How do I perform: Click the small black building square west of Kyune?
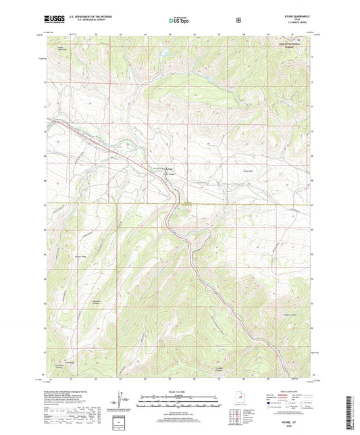(x=112, y=158)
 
